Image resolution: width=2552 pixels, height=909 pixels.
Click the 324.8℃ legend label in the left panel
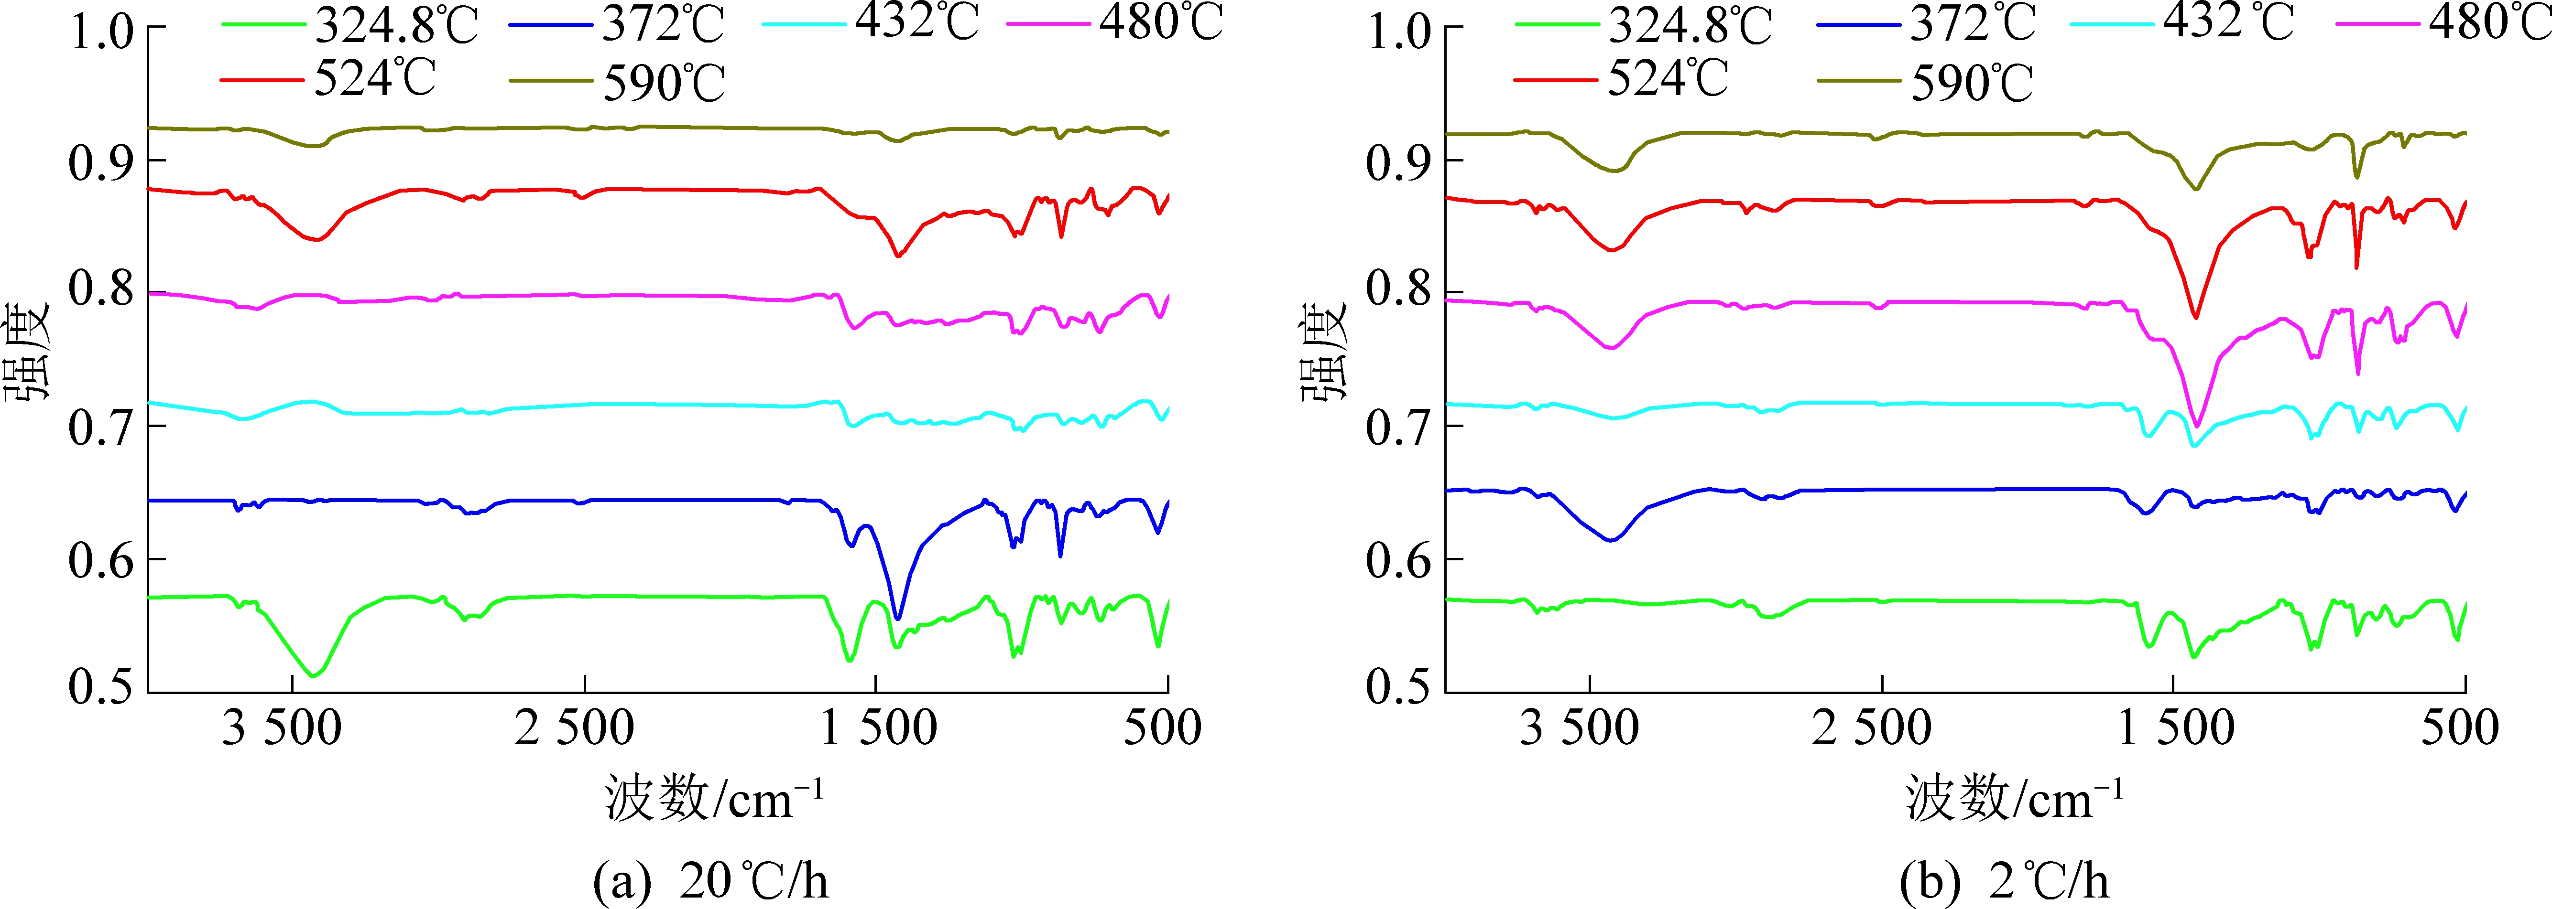point(396,26)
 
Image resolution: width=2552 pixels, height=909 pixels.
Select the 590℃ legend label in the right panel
point(1972,83)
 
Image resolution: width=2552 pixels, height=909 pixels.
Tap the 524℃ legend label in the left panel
point(375,78)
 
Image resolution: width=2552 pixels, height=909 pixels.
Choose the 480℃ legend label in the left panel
point(1161,22)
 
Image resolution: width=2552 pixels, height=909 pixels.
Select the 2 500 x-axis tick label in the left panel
point(575,729)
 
